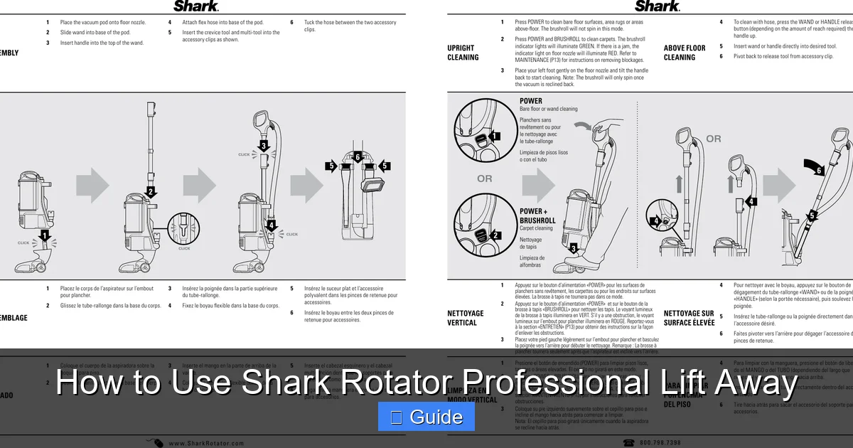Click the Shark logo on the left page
196,6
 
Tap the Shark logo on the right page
658,6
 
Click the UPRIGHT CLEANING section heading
463,53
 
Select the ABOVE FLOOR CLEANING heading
685,53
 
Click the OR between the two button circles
485,178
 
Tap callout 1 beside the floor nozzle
45,235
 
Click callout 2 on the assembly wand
151,191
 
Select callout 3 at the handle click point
264,146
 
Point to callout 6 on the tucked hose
358,156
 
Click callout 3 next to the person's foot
574,248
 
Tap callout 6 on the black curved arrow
819,171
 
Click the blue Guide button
426,417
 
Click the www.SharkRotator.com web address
206,443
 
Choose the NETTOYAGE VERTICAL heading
466,318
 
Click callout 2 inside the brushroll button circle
496,235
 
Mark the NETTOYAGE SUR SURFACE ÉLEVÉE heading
689,318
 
